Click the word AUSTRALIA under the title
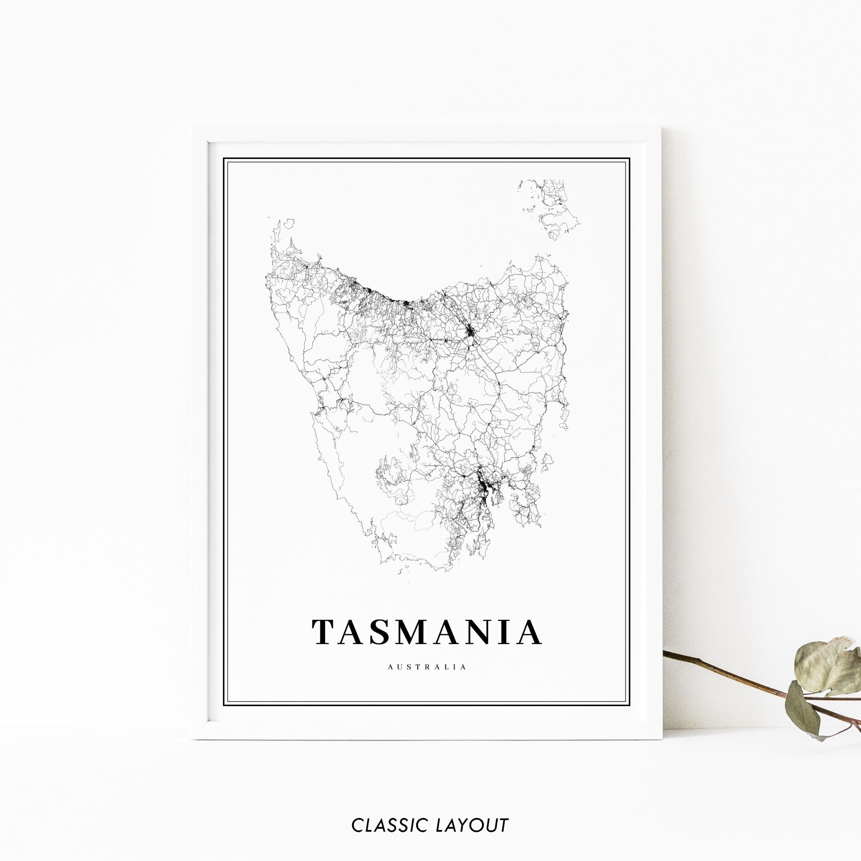[x=427, y=667]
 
